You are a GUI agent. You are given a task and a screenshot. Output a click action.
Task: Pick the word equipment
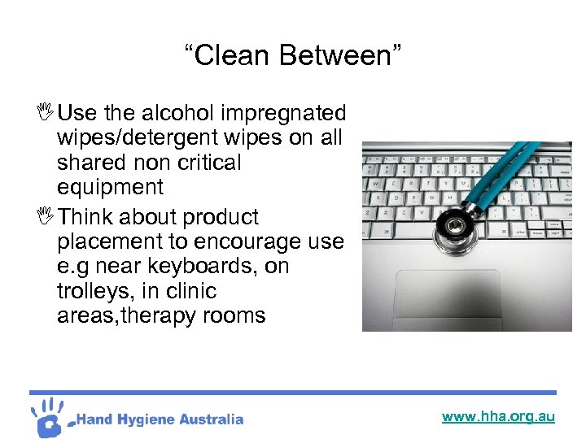coord(110,187)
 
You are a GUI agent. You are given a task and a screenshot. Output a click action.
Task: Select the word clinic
coord(187,291)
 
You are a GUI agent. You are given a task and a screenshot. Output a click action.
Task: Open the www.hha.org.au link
coord(498,417)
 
